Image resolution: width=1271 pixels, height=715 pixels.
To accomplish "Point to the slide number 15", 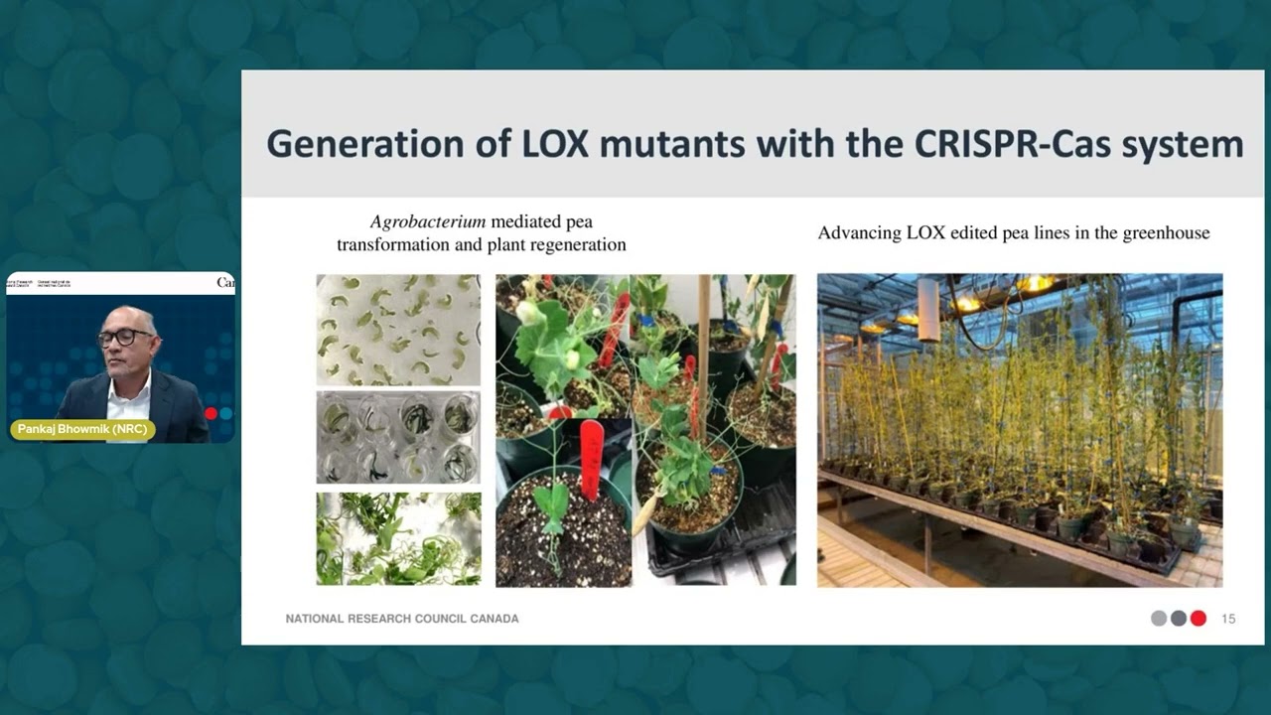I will click(1228, 619).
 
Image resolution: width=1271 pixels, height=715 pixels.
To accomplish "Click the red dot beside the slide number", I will click(1199, 619).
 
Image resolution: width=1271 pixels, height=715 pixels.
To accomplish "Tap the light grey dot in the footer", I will click(1159, 619).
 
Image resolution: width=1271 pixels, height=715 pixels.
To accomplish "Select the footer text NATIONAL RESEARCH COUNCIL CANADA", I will click(402, 619).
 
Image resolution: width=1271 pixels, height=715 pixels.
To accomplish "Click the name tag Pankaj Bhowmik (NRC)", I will click(84, 429).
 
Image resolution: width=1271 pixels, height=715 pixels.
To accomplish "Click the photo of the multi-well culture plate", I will click(398, 438).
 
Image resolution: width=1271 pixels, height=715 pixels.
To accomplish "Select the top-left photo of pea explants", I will click(398, 330).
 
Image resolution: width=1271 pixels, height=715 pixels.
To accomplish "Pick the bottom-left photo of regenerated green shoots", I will click(398, 538).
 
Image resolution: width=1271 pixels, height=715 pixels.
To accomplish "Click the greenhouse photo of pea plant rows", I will click(1020, 430).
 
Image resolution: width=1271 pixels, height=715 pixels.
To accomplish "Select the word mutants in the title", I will click(679, 144).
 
